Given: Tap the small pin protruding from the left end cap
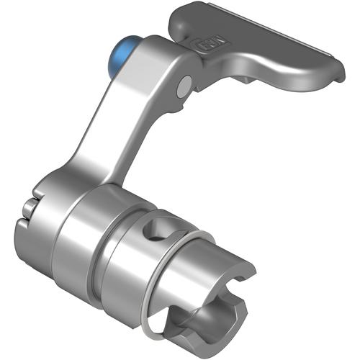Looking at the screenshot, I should click(27, 210).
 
